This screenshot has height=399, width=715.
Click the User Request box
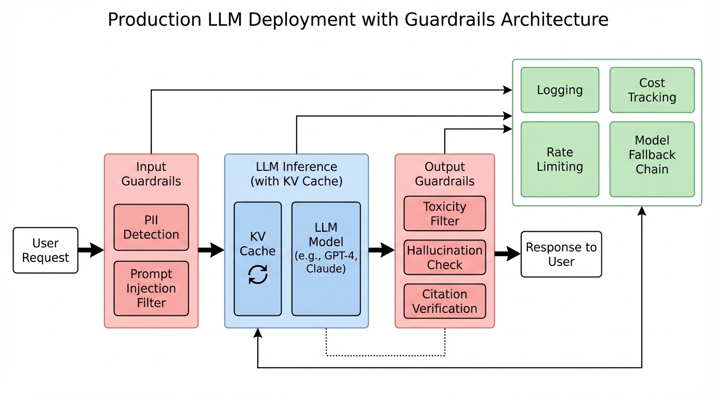point(45,250)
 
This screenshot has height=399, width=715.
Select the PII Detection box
point(151,228)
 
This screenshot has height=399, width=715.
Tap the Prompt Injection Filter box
point(151,288)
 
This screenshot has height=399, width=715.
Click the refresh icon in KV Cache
point(258,274)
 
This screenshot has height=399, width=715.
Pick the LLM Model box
point(326,259)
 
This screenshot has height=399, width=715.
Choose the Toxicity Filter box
point(444,214)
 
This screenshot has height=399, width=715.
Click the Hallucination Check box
point(444,257)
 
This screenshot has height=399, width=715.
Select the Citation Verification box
point(444,301)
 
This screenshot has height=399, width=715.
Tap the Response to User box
point(561,254)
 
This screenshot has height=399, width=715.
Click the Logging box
point(560,90)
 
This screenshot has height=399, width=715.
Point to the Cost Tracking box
point(652,90)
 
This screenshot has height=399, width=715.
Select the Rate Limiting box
point(560,159)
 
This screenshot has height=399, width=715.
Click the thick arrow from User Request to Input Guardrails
point(91,250)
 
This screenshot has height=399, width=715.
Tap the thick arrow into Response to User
point(507,254)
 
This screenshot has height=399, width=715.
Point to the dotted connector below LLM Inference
point(385,355)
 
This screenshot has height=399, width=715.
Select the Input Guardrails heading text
point(151,174)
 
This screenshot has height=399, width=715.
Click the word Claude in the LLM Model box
point(326,269)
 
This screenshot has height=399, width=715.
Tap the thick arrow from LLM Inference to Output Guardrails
point(381,250)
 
